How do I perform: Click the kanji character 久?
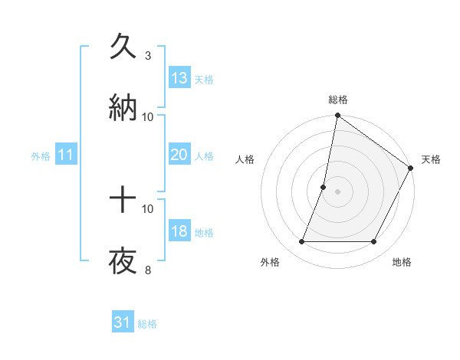[x=123, y=47]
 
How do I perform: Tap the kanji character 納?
[x=123, y=108]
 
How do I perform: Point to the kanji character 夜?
[x=123, y=261]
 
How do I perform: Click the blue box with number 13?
[x=179, y=78]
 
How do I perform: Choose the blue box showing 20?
[x=179, y=155]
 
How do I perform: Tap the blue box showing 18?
[x=179, y=231]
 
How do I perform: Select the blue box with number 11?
[x=66, y=155]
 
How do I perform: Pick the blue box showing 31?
[x=123, y=322]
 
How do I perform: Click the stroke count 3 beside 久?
[x=147, y=55]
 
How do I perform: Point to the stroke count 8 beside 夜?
[x=147, y=270]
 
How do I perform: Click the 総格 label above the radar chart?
[x=338, y=100]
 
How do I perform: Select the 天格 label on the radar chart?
[x=431, y=159]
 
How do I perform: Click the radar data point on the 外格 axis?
[x=301, y=242]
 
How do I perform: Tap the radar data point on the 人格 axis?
[x=324, y=187]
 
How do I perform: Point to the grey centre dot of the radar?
[x=338, y=191]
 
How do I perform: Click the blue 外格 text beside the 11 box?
[x=41, y=155]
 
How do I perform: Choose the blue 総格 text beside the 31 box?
[x=147, y=323]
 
